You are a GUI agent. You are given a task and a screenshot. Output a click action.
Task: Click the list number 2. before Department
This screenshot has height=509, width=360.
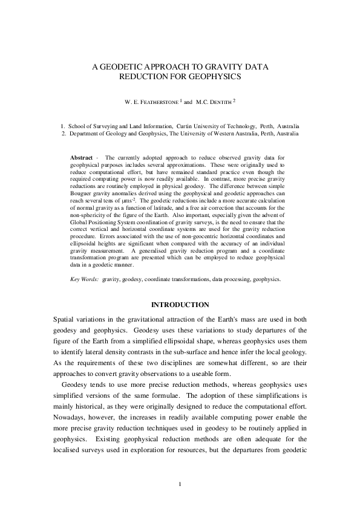64,134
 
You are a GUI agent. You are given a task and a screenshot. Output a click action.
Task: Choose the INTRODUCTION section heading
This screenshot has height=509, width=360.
180,304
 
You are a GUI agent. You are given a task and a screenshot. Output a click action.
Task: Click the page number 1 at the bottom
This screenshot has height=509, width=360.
180,484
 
